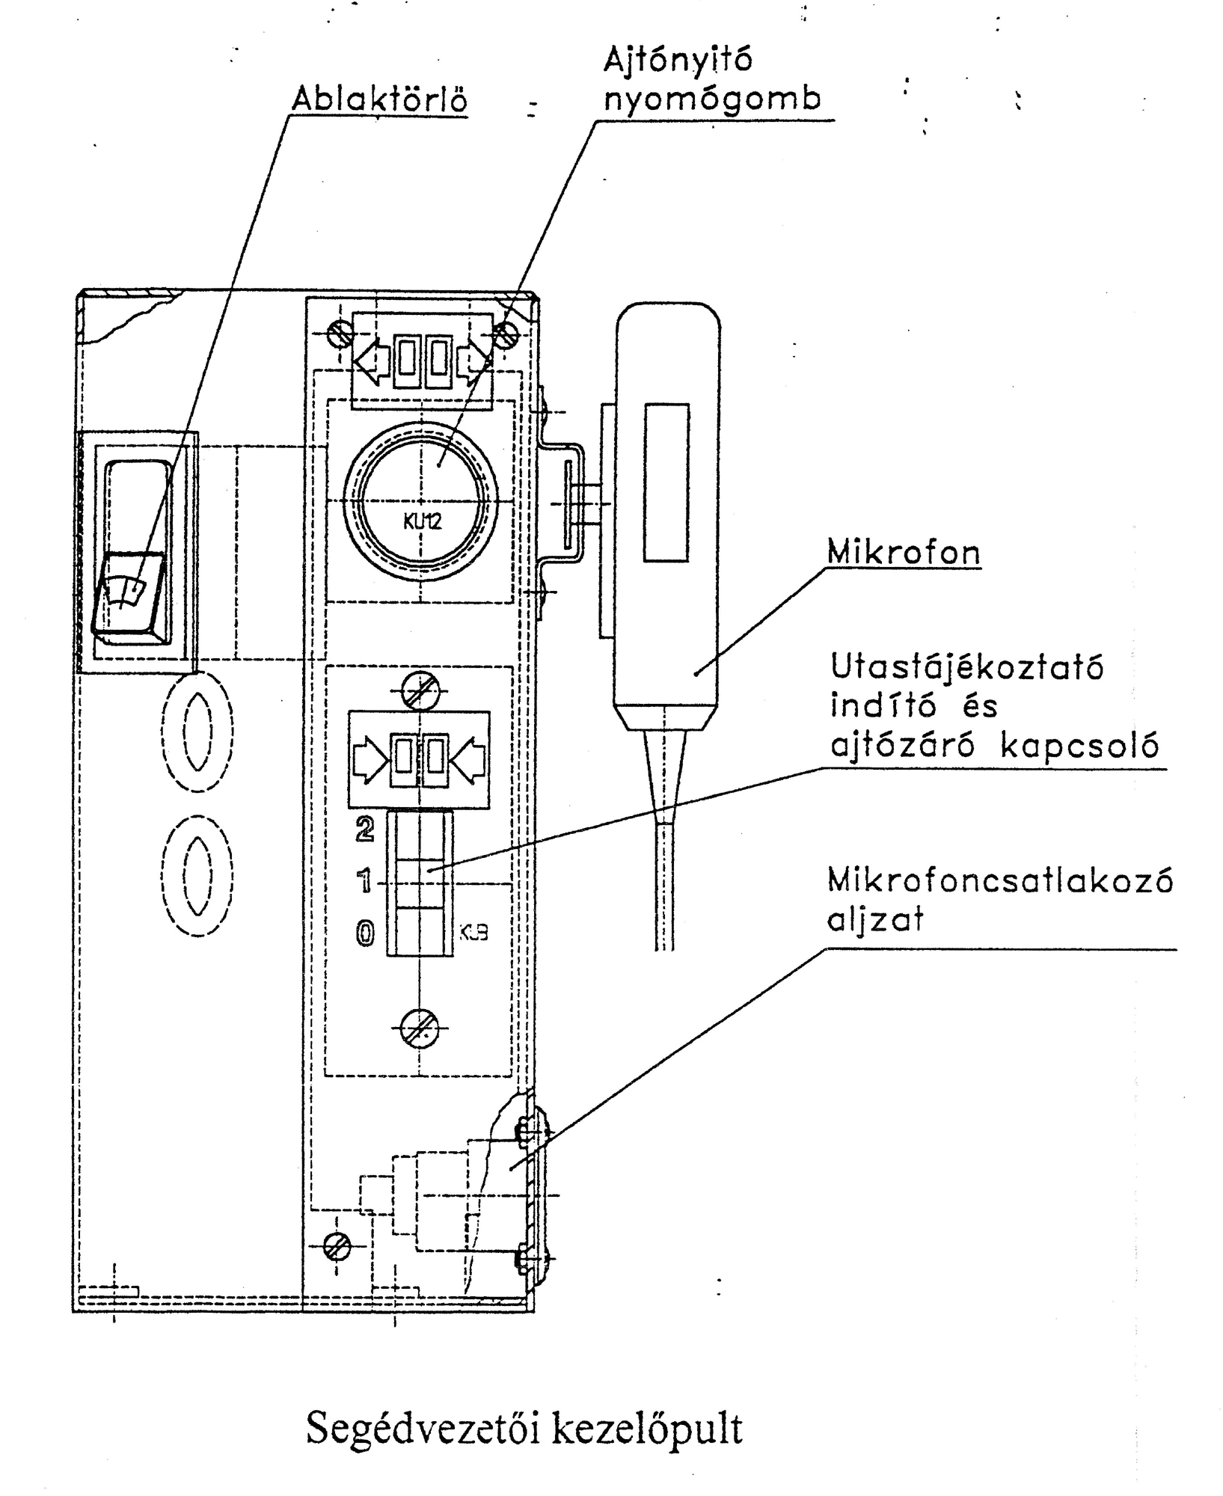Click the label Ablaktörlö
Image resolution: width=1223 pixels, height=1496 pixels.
click(x=379, y=99)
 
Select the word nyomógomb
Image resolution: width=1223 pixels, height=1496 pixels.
click(x=712, y=99)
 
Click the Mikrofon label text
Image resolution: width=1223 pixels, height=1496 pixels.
click(x=904, y=553)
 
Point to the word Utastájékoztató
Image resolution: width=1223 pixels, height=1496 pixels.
click(x=967, y=667)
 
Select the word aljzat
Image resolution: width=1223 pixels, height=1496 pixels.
click(x=875, y=919)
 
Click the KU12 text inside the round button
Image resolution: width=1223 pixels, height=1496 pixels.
click(x=422, y=521)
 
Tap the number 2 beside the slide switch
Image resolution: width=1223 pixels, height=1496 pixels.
click(x=365, y=830)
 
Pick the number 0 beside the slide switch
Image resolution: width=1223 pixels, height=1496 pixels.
click(x=365, y=934)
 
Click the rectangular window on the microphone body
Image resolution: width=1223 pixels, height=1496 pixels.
click(x=666, y=482)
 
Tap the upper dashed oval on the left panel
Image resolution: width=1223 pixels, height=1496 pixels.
click(x=197, y=732)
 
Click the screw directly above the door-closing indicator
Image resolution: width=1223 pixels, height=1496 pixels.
click(x=420, y=690)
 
